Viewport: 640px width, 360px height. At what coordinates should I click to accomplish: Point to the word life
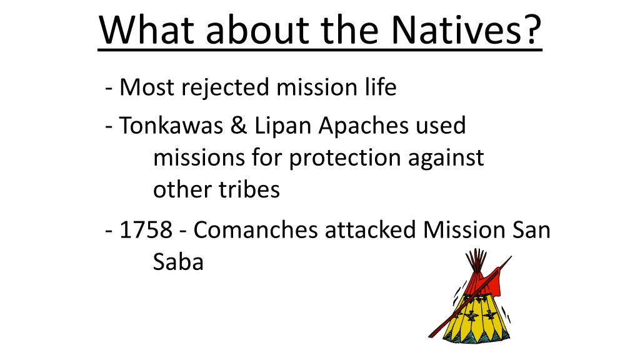pos(381,87)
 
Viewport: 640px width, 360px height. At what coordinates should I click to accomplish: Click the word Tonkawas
pos(171,125)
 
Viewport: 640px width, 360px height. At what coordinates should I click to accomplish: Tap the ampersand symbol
pos(238,125)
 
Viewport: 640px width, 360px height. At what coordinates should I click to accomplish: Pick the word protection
pos(344,158)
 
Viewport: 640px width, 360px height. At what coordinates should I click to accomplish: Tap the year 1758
pos(146,230)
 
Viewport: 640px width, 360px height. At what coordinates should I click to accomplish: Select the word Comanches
pos(256,230)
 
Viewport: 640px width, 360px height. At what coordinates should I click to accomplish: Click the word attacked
pos(370,229)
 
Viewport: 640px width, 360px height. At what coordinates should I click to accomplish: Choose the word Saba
pos(178,262)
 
